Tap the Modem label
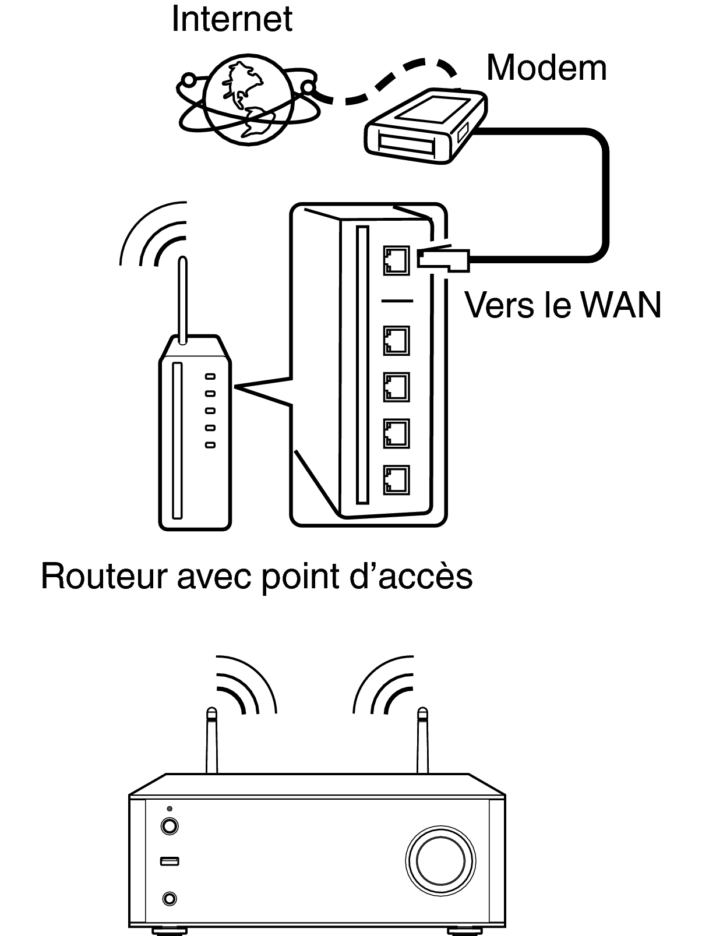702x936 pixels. [x=546, y=68]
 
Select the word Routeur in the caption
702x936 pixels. [x=102, y=577]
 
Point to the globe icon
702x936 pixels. [x=248, y=100]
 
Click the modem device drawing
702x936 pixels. [x=426, y=126]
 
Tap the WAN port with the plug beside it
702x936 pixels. [x=396, y=260]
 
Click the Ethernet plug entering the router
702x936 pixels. [x=443, y=259]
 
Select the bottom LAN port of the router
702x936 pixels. [x=396, y=480]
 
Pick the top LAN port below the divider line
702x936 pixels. [x=396, y=341]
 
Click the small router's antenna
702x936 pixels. [x=182, y=300]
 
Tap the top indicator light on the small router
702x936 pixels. [x=210, y=376]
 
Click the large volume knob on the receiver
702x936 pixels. [x=440, y=860]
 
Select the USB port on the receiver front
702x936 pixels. [x=170, y=861]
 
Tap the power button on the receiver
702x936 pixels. [x=170, y=826]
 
